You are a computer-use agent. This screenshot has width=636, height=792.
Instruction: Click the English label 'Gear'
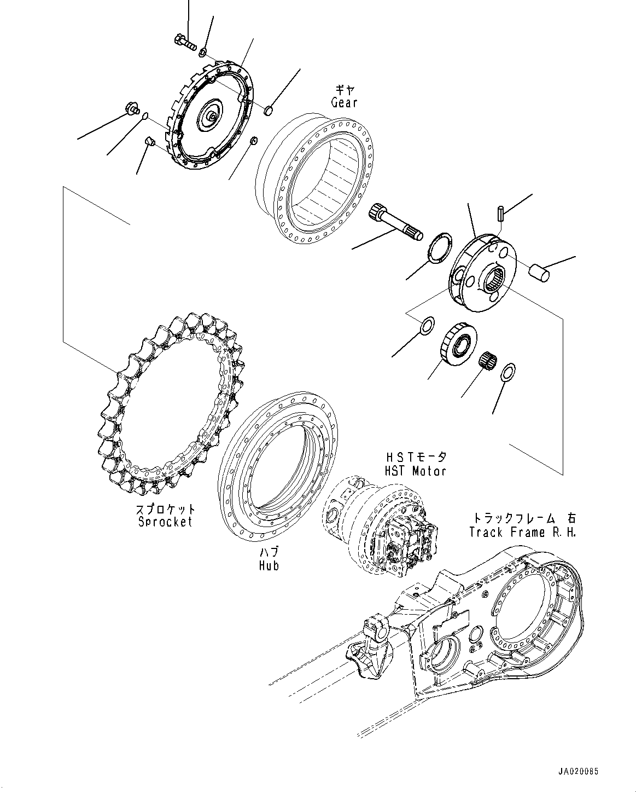(344, 102)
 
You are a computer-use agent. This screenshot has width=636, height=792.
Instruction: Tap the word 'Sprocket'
(165, 522)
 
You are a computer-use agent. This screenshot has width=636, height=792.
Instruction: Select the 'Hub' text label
(269, 565)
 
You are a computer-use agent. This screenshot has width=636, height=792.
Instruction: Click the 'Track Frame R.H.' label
(522, 532)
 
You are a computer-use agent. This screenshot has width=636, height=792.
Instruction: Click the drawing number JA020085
(578, 771)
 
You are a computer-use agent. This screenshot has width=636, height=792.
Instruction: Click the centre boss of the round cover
(211, 117)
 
